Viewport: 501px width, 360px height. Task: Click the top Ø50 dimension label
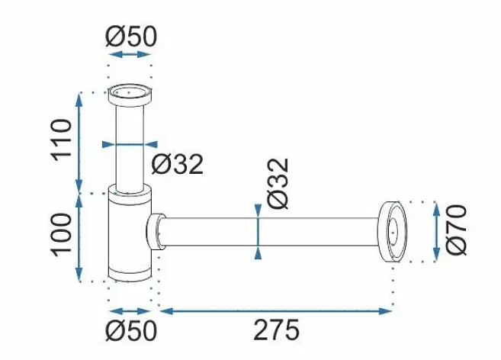(x=131, y=36)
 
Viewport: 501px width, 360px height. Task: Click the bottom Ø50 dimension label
(x=131, y=331)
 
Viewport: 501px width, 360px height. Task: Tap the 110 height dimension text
(x=61, y=140)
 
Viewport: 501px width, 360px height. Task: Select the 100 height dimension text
(x=61, y=234)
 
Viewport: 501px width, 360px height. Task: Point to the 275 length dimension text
(x=277, y=329)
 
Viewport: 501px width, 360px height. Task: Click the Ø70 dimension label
(x=456, y=230)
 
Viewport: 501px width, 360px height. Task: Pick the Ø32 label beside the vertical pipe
(x=178, y=164)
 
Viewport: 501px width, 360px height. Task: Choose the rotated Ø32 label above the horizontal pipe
(x=278, y=184)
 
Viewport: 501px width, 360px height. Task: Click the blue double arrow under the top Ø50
(x=130, y=54)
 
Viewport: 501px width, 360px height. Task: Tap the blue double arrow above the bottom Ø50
(x=130, y=311)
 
